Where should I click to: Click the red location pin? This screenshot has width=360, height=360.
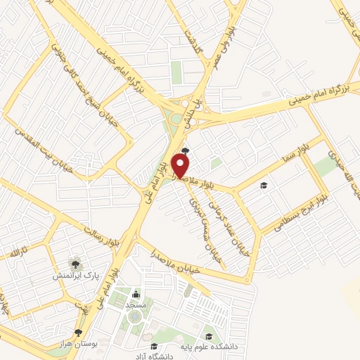181,165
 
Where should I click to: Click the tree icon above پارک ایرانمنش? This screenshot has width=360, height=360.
73,263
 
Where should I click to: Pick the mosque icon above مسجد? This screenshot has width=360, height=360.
135,294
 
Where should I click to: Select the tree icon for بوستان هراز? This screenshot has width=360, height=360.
78,333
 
